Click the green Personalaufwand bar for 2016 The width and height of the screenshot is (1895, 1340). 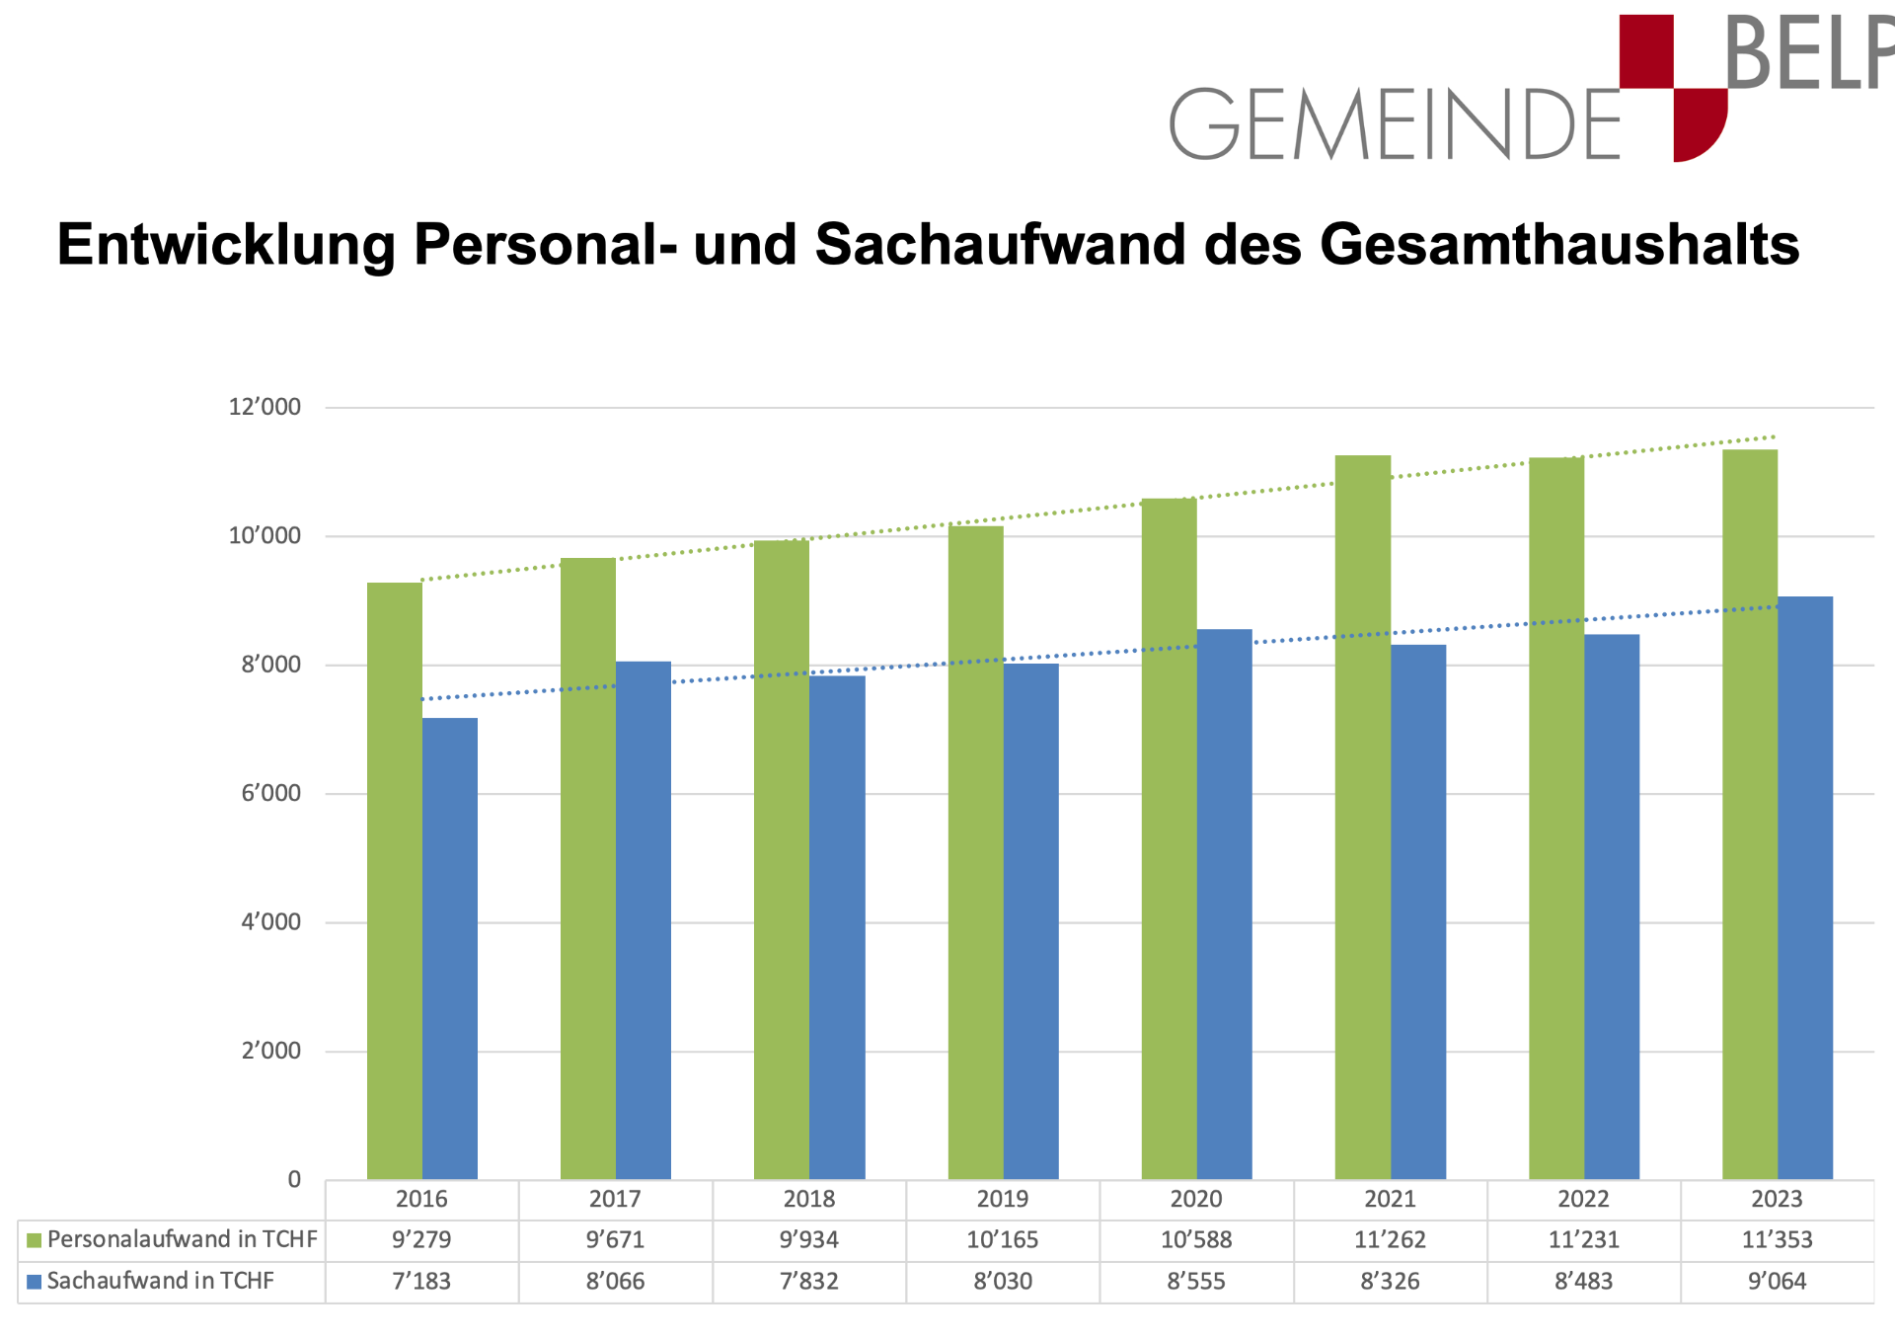click(x=395, y=879)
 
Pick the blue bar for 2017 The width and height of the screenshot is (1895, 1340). click(x=644, y=919)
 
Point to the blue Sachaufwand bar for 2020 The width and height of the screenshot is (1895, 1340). click(x=1224, y=904)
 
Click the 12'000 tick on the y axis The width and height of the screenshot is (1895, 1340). click(x=265, y=407)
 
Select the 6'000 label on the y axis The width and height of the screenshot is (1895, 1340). click(x=270, y=793)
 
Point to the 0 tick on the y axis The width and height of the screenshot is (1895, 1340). click(x=294, y=1179)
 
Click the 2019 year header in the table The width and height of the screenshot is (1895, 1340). click(x=1002, y=1199)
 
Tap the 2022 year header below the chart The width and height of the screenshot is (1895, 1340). click(x=1583, y=1199)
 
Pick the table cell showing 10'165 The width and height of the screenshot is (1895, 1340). click(x=1002, y=1240)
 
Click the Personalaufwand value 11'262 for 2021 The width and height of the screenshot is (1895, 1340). click(x=1390, y=1240)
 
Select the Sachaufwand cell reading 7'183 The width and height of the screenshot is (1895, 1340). click(x=421, y=1282)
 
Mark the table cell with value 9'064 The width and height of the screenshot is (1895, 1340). click(x=1777, y=1282)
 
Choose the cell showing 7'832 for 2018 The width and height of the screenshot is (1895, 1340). click(x=808, y=1282)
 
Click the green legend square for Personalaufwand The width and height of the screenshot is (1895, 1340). click(x=35, y=1240)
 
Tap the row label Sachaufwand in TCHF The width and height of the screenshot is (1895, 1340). click(x=160, y=1282)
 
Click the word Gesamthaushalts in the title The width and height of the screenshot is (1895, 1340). click(x=1558, y=244)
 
